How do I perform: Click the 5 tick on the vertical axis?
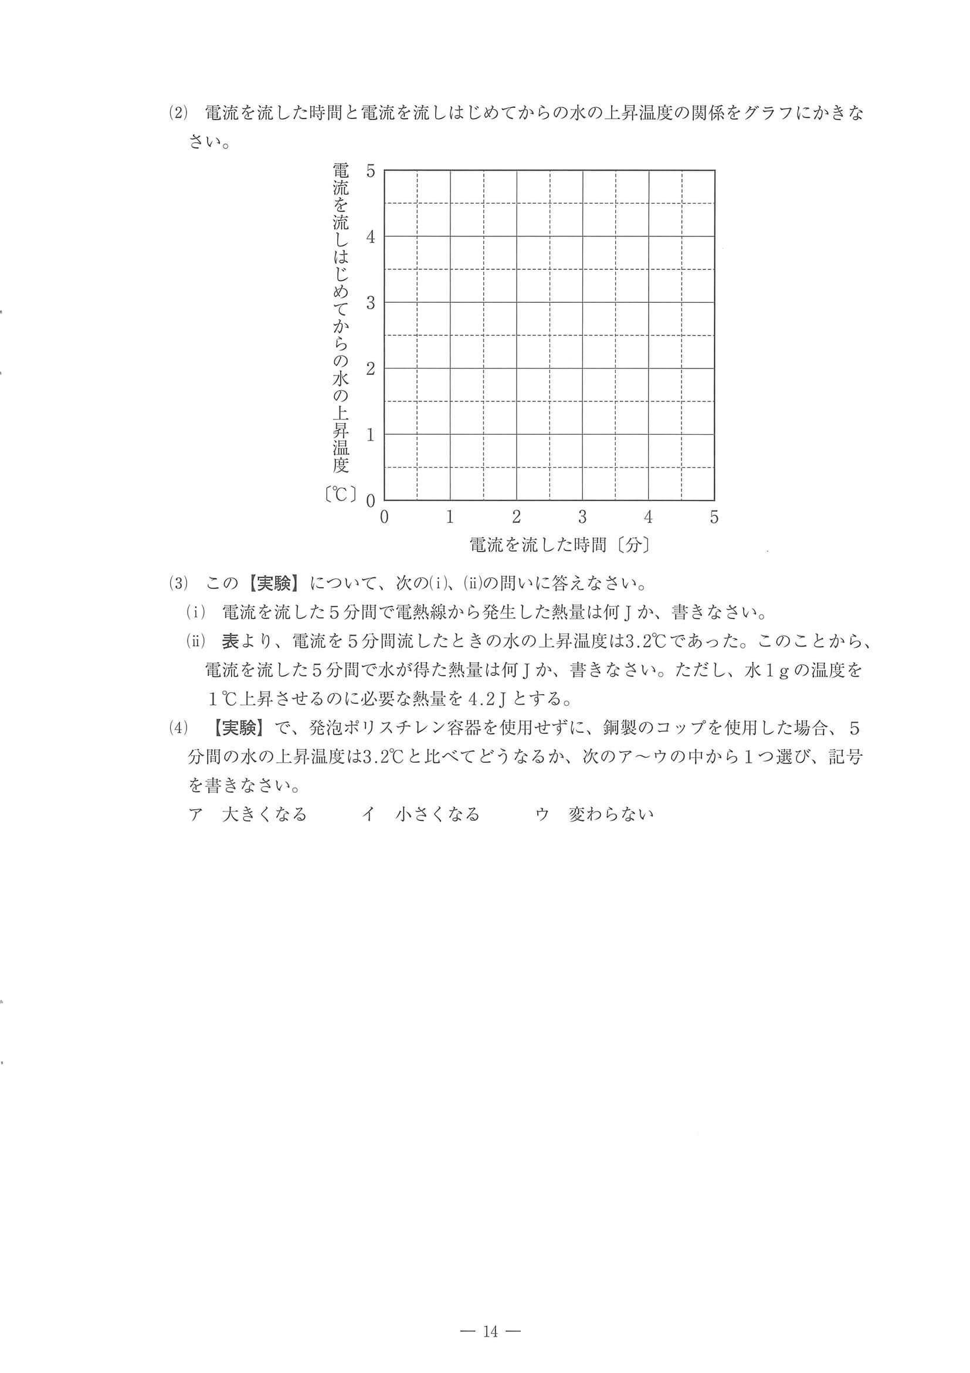371,171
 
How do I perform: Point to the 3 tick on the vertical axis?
371,303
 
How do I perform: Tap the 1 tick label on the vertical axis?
371,435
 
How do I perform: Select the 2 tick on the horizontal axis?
517,517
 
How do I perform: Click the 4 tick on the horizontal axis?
649,517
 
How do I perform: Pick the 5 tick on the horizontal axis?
714,517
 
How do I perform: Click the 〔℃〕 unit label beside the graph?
340,495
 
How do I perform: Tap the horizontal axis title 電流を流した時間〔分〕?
559,544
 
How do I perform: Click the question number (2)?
178,113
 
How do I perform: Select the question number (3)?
178,583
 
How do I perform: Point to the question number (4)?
178,728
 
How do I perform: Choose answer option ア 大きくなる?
247,814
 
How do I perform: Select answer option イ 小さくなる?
421,814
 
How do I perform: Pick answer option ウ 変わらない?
595,814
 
